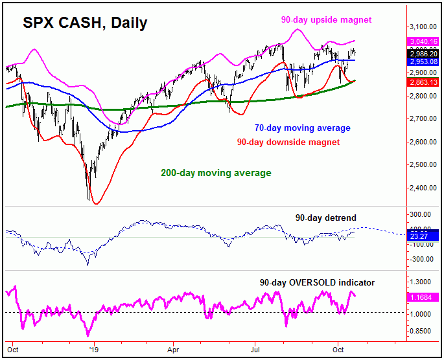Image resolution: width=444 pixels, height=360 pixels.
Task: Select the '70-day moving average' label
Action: pyautogui.click(x=302, y=128)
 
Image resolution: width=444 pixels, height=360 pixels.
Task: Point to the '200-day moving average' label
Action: pyautogui.click(x=215, y=173)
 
